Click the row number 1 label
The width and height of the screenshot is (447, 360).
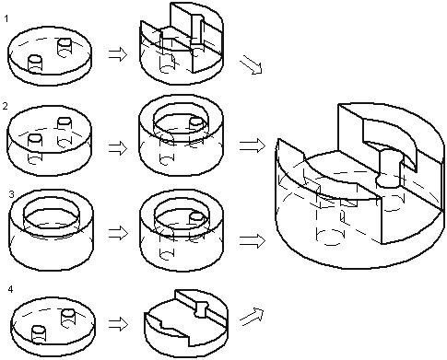click(x=6, y=18)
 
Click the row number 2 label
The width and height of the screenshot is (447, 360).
click(x=5, y=107)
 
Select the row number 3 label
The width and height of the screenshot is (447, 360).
click(x=11, y=194)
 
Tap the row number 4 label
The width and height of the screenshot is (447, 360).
click(x=10, y=289)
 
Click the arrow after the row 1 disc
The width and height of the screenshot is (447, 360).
click(x=118, y=54)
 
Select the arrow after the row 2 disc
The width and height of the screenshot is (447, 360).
click(x=118, y=148)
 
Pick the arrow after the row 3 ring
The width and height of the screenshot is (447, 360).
click(x=118, y=233)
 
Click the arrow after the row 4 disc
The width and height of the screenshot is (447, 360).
click(x=118, y=324)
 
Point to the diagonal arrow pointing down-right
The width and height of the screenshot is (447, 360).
click(x=251, y=64)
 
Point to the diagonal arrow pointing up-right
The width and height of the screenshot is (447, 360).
click(x=252, y=317)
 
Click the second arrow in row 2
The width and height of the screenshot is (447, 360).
click(x=253, y=145)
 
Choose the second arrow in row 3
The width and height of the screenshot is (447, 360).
click(x=253, y=241)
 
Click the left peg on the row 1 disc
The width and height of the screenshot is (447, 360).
click(x=35, y=64)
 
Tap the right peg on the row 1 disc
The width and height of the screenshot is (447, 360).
click(x=65, y=47)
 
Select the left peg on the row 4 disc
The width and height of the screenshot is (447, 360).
click(x=39, y=334)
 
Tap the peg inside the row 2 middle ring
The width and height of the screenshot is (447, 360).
click(x=196, y=123)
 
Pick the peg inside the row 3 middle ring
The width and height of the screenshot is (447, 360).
click(x=196, y=217)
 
